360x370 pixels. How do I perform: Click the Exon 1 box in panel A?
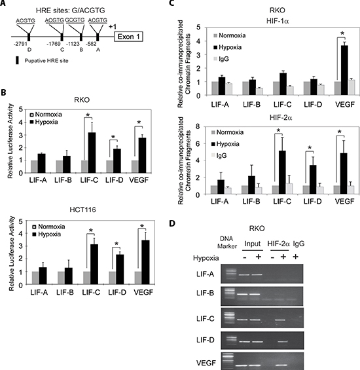(x=128, y=37)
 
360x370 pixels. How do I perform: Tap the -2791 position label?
(x=20, y=44)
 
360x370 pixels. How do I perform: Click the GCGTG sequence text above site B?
(x=75, y=20)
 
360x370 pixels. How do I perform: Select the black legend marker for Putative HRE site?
(x=17, y=61)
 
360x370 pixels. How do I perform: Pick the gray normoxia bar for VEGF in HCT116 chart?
(x=138, y=278)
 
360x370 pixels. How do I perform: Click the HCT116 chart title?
(x=83, y=210)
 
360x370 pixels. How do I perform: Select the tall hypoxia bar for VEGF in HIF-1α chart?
(x=344, y=70)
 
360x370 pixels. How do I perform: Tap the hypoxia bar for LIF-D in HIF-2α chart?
(x=313, y=179)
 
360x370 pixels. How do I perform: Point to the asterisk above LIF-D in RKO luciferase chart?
(x=113, y=138)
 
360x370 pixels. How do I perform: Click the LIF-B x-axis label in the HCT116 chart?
(x=65, y=292)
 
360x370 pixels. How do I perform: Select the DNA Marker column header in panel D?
(x=227, y=242)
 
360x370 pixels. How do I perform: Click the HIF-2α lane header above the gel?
(x=278, y=244)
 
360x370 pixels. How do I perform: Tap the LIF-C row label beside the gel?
(x=206, y=319)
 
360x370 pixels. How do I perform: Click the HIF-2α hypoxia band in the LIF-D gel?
(x=283, y=341)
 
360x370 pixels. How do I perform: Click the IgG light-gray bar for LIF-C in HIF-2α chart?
(x=289, y=189)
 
